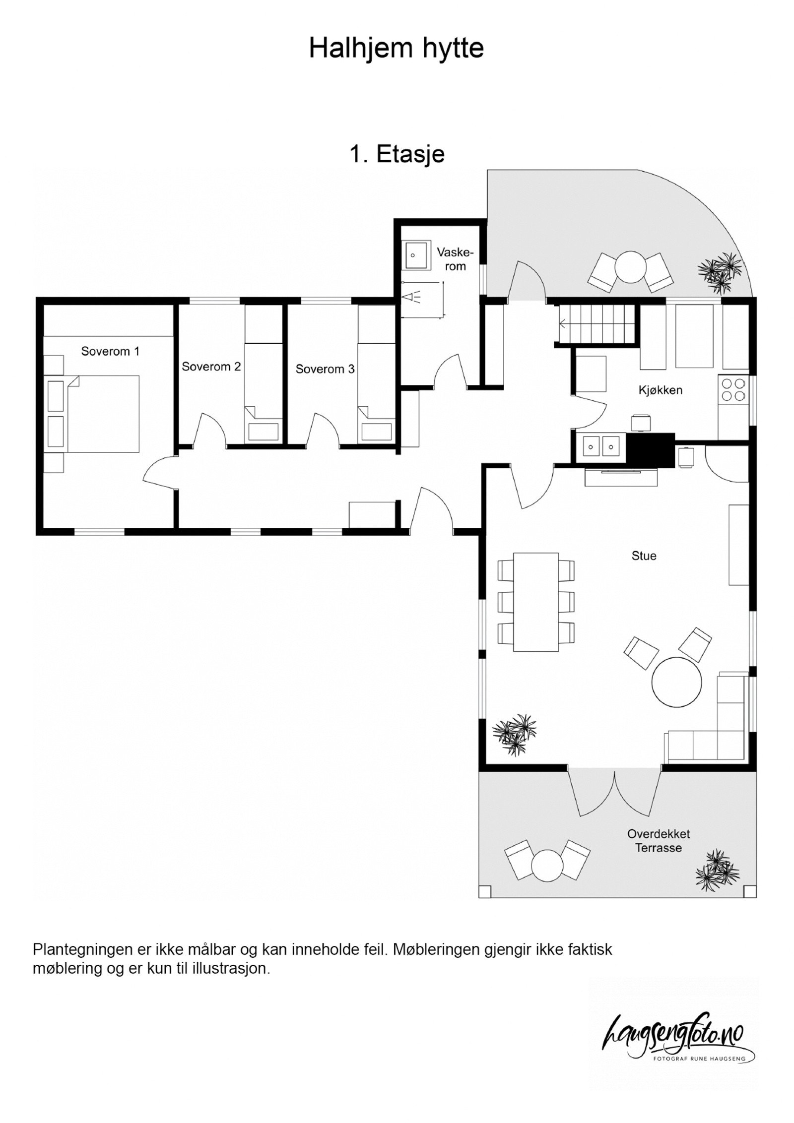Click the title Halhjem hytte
[x=396, y=49]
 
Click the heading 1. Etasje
[x=397, y=154]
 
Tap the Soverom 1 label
[x=110, y=351]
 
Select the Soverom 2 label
[x=211, y=367]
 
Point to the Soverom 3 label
[x=325, y=369]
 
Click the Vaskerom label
[x=455, y=259]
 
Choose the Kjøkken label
[x=660, y=390]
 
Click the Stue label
[x=644, y=556]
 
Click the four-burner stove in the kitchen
[x=733, y=389]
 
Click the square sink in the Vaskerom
[x=415, y=255]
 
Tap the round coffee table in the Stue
[x=677, y=682]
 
